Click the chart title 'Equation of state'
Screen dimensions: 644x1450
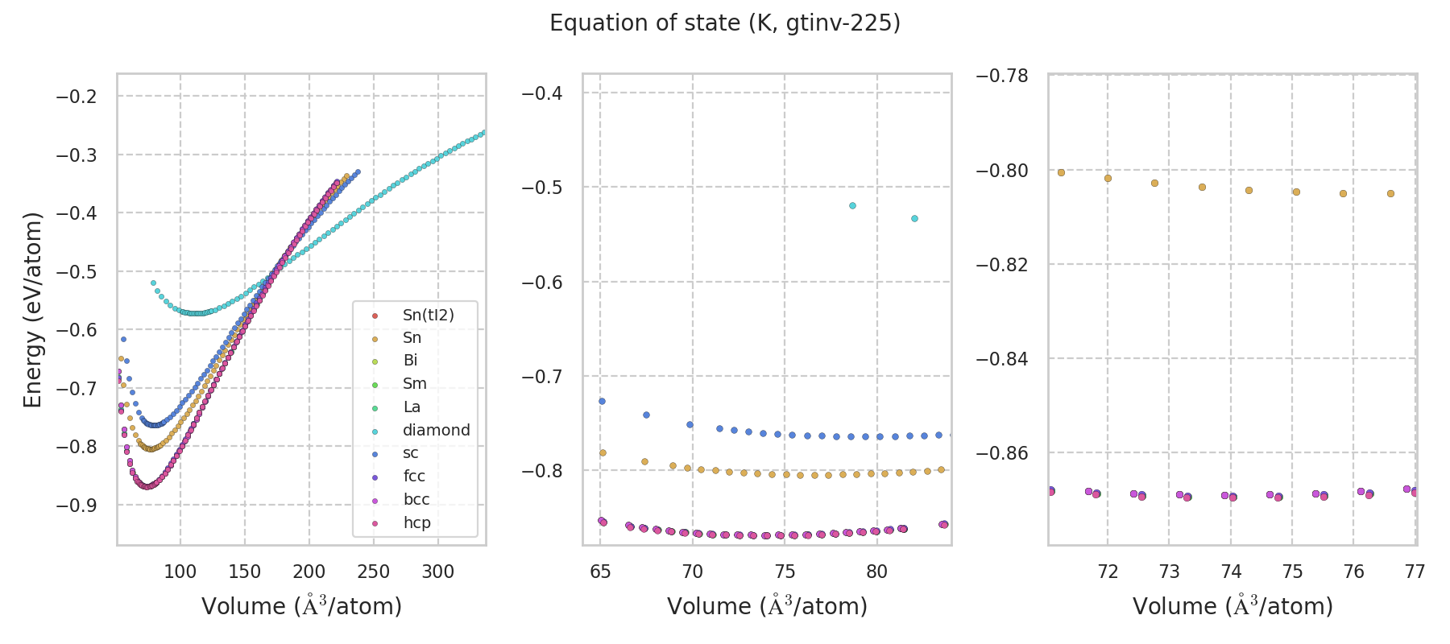pos(724,23)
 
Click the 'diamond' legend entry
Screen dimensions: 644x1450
pos(436,430)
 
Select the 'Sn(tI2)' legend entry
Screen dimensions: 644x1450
pos(428,315)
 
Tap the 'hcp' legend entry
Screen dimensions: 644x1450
pos(416,522)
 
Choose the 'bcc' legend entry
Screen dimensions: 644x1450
pos(416,499)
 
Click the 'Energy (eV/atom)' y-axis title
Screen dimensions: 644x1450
pos(32,310)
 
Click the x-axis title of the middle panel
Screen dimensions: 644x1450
pos(767,606)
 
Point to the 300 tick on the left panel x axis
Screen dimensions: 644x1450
pos(437,572)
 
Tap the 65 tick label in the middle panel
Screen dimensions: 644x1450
pos(600,572)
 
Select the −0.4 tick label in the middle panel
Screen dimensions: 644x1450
pos(541,93)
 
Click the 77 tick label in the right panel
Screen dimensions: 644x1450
pos(1415,572)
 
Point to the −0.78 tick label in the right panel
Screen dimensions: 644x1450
pos(1002,76)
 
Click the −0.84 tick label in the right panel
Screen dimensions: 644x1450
pos(1002,358)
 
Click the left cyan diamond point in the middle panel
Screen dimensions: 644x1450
pos(852,205)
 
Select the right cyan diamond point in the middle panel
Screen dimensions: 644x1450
pos(914,218)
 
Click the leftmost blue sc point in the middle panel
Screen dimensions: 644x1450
pos(601,401)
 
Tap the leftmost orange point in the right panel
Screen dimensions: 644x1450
pos(1061,172)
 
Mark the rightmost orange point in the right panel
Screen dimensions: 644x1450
pos(1390,193)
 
